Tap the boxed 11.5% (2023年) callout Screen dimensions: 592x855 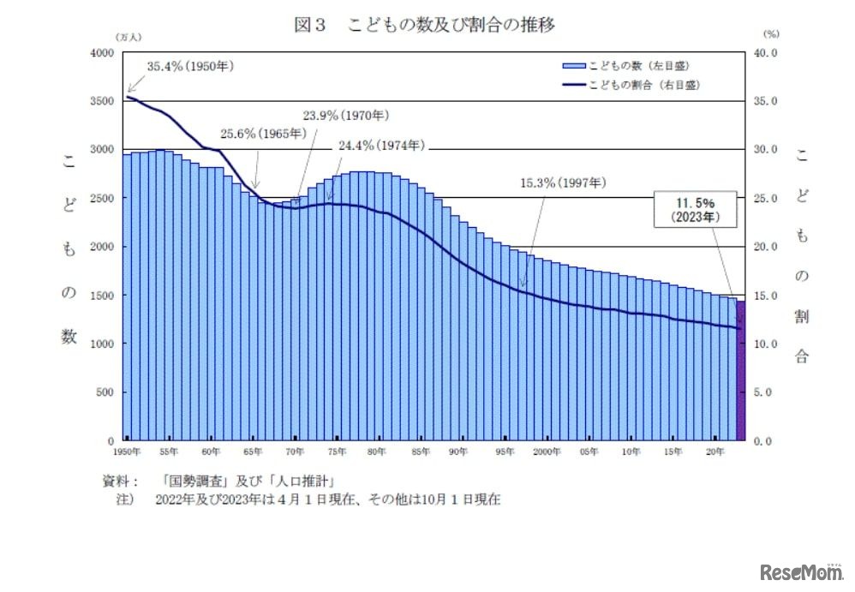click(x=696, y=208)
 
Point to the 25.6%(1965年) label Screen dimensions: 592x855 click(x=262, y=134)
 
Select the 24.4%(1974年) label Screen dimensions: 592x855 click(x=381, y=146)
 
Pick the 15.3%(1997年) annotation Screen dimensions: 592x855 click(x=563, y=182)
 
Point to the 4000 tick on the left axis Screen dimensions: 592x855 click(x=102, y=53)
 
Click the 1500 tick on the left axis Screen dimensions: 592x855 click(x=102, y=296)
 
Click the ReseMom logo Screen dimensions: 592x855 click(x=800, y=572)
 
